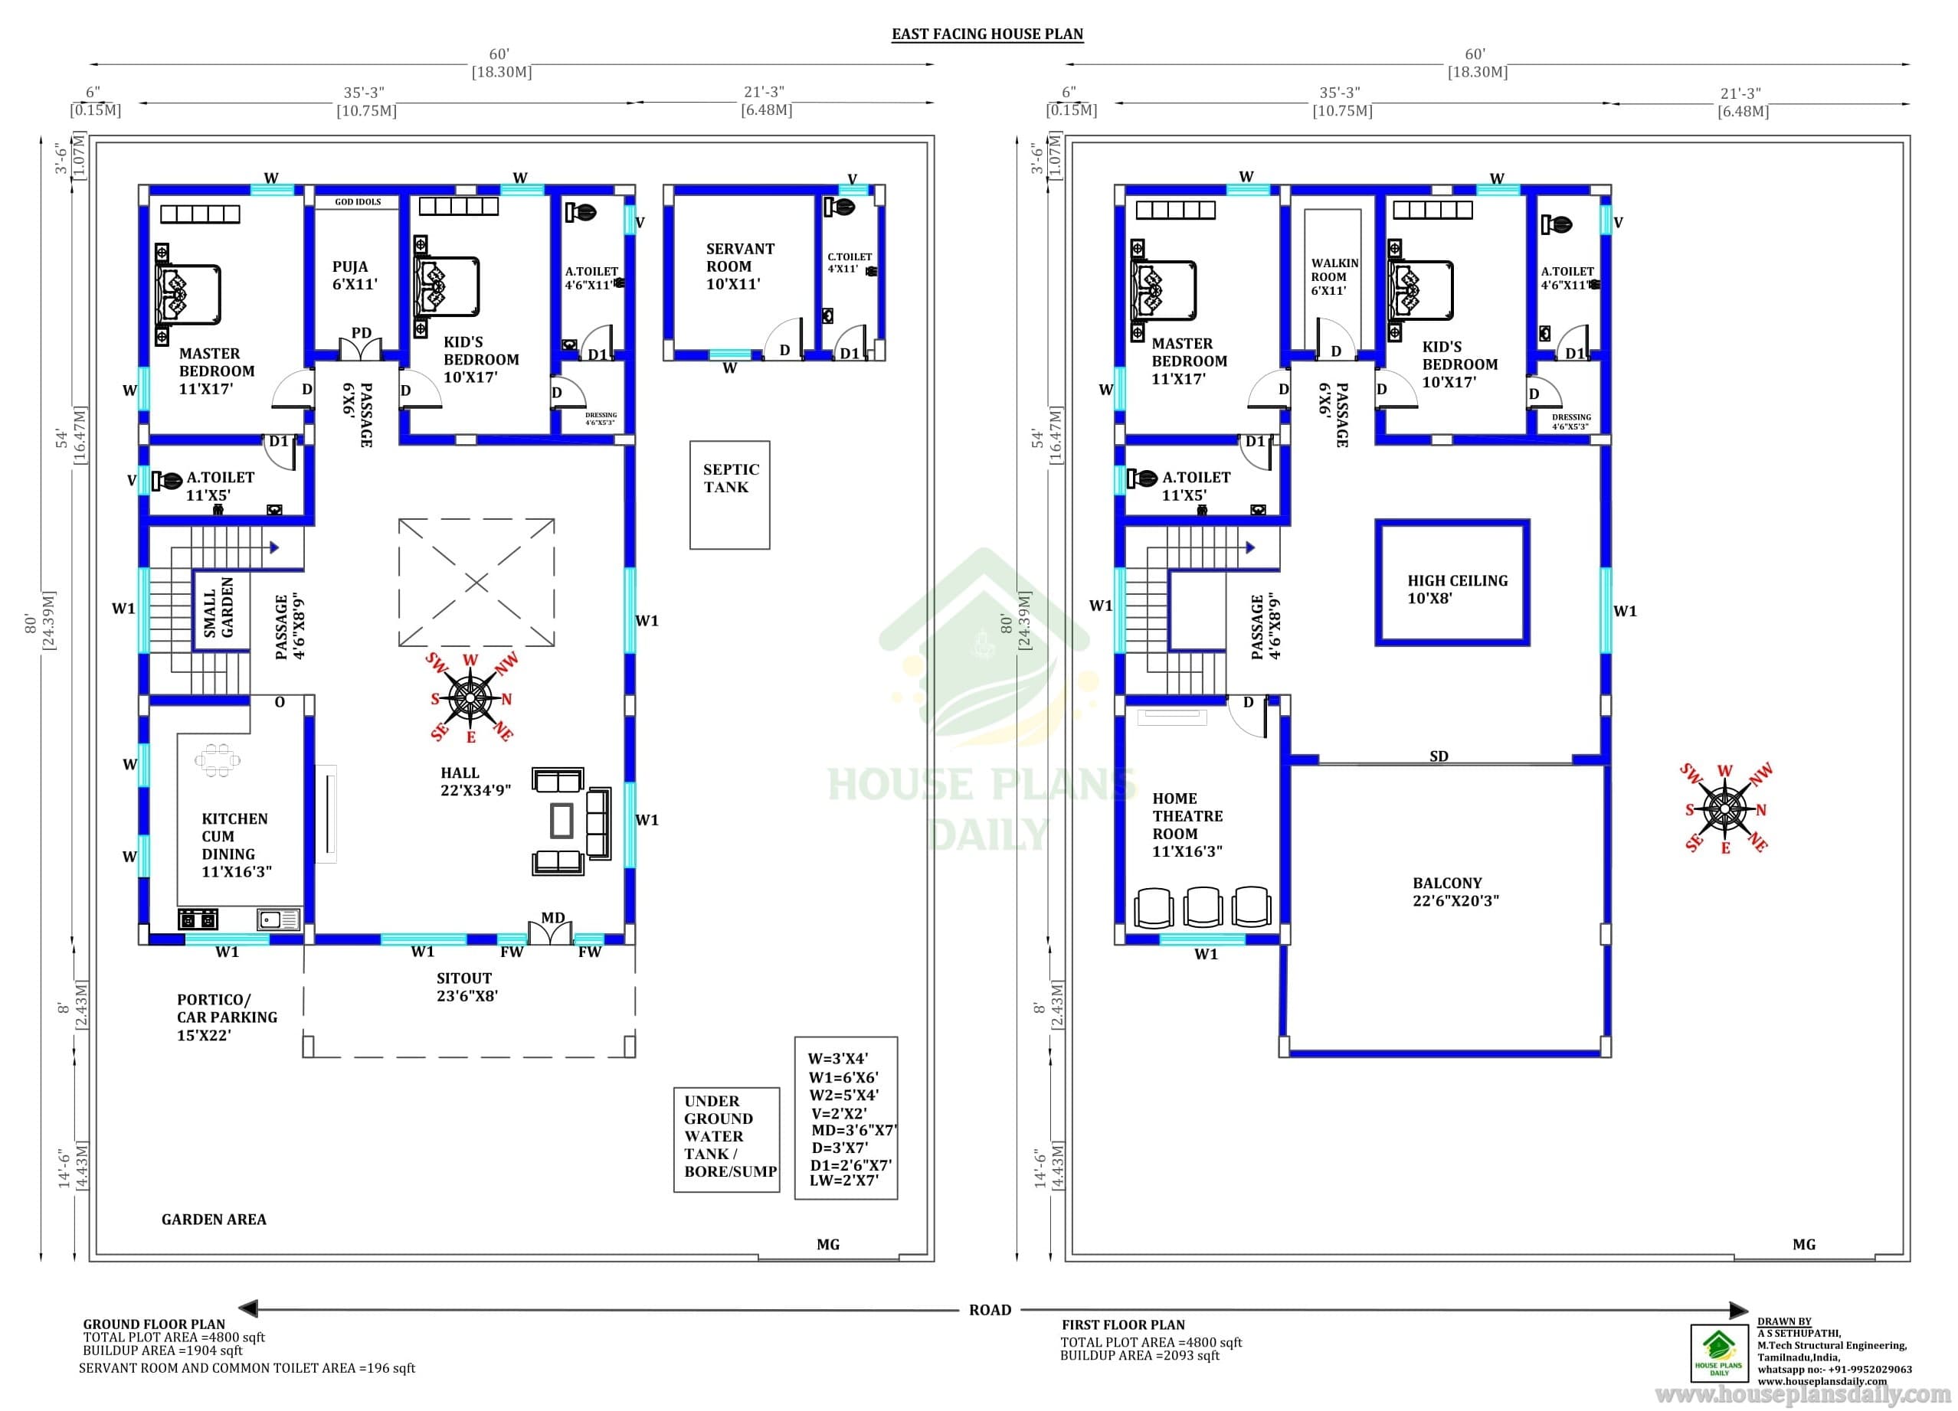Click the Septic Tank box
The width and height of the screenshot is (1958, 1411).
coord(729,495)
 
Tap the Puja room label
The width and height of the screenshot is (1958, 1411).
coord(355,276)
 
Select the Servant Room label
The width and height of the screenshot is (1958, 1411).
coord(740,266)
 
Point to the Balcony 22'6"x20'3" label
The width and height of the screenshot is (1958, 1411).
coord(1455,891)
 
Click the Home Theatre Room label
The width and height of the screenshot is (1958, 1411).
coord(1187,824)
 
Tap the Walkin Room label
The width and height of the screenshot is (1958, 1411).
coord(1334,276)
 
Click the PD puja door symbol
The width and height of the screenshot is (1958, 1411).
coord(360,347)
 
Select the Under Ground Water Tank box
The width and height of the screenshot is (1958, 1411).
coord(727,1140)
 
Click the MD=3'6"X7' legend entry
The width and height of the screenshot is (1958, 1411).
coord(854,1130)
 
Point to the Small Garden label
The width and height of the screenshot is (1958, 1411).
coord(218,608)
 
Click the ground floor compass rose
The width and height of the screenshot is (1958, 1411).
coord(471,697)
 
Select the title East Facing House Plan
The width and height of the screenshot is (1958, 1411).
coord(987,34)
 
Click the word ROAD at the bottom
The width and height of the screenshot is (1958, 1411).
coord(990,1309)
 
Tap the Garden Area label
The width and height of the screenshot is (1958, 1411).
coord(213,1219)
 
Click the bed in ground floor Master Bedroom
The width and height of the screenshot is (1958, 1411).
coord(188,294)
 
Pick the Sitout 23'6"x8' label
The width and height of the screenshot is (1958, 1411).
coord(467,986)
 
